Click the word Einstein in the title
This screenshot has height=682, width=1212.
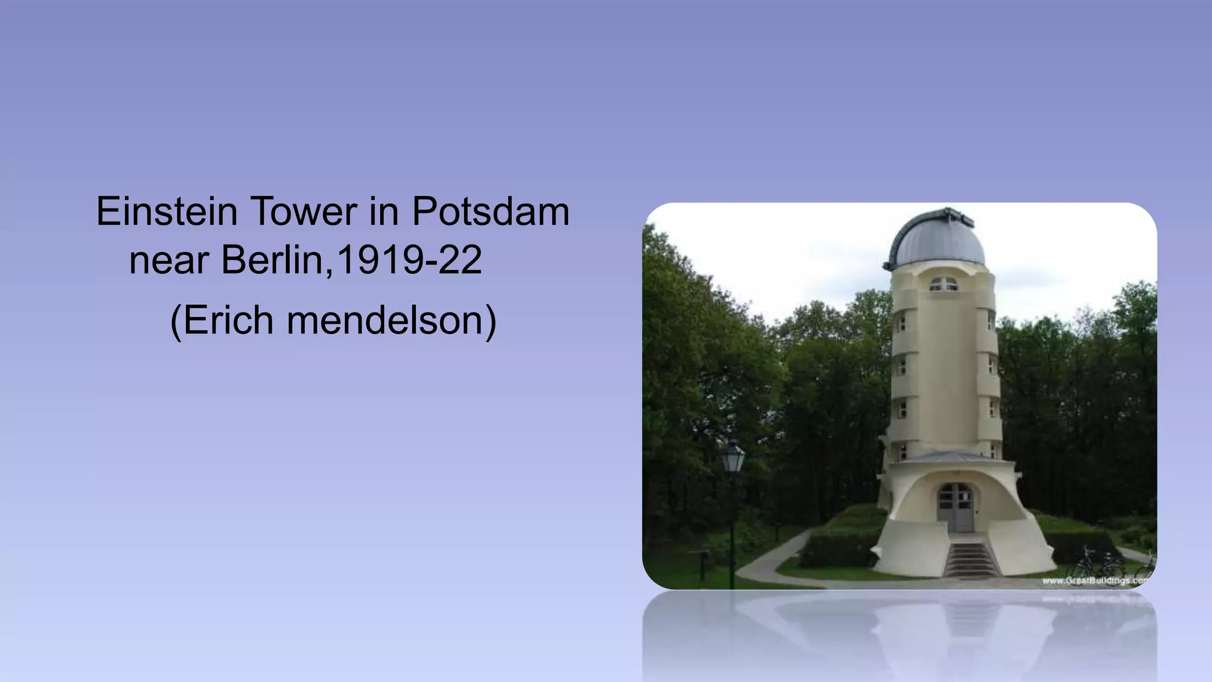[166, 211]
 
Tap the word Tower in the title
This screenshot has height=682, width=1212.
[304, 211]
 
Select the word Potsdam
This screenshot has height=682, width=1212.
[491, 211]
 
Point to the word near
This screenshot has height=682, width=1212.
[169, 260]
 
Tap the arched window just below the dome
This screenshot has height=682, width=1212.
[943, 284]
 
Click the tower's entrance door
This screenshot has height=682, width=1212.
[955, 508]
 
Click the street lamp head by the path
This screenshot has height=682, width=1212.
[733, 459]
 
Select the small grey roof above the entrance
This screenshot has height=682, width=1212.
[947, 456]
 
